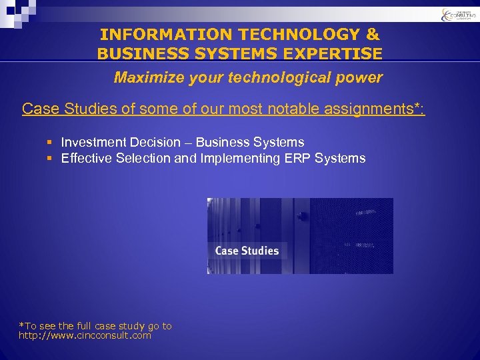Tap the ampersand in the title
[371, 34]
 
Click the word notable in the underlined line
[297, 109]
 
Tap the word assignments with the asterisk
[377, 109]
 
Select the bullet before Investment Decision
[50, 142]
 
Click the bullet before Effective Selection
[50, 159]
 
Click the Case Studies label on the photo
[247, 251]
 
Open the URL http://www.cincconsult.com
[85, 335]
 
